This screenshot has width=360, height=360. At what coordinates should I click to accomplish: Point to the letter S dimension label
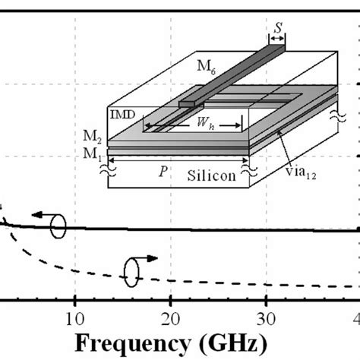point(279,30)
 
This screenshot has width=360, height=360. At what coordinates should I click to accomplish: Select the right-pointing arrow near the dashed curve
point(150,258)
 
